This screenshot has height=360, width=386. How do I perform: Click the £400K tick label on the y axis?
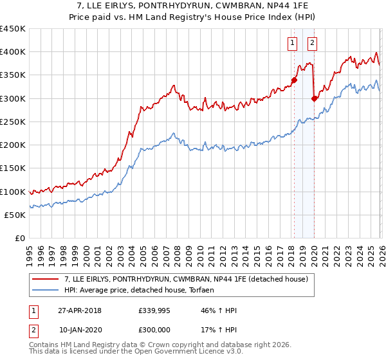click(x=13, y=52)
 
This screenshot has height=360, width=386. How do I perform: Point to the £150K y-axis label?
click(x=13, y=168)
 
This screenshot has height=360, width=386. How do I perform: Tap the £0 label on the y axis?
click(x=19, y=239)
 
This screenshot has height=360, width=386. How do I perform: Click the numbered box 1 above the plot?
click(x=292, y=43)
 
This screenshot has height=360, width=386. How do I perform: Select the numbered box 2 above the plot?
click(x=312, y=43)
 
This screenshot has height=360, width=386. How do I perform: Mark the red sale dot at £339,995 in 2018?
click(x=294, y=80)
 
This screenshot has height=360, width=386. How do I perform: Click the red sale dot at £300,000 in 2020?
click(x=314, y=98)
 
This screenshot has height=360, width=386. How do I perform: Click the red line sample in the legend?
click(x=46, y=279)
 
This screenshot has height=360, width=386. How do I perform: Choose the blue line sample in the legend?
click(x=46, y=290)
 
